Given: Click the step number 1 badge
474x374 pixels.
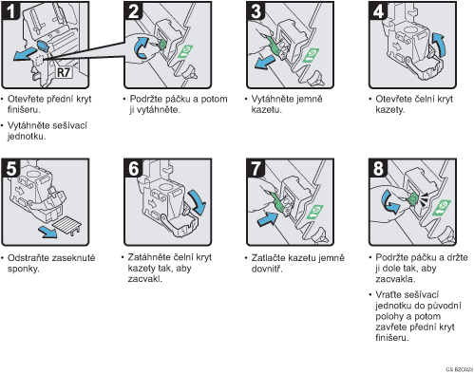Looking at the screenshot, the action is (11, 10).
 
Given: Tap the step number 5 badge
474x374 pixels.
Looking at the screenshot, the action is (11, 168).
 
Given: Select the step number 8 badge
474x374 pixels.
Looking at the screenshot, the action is (378, 168).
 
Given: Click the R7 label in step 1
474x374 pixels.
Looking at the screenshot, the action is (64, 72).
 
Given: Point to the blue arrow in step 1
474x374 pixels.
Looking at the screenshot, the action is (25, 54).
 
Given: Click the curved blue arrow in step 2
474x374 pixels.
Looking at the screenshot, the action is (141, 47).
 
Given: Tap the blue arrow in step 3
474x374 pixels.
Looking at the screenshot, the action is (265, 62).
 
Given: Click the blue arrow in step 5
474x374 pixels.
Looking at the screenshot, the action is (47, 232).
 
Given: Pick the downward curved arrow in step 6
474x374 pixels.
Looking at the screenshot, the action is (198, 202).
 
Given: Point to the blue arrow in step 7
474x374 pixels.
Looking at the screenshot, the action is (268, 219).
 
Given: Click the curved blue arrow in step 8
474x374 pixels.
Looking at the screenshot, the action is (389, 203).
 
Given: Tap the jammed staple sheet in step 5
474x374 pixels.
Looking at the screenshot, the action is (67, 225).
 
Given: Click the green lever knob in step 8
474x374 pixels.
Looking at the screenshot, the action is (413, 198).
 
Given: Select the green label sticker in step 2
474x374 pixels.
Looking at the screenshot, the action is (185, 51).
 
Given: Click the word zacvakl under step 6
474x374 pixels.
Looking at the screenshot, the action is (144, 279).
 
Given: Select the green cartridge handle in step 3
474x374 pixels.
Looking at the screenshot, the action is (275, 47).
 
